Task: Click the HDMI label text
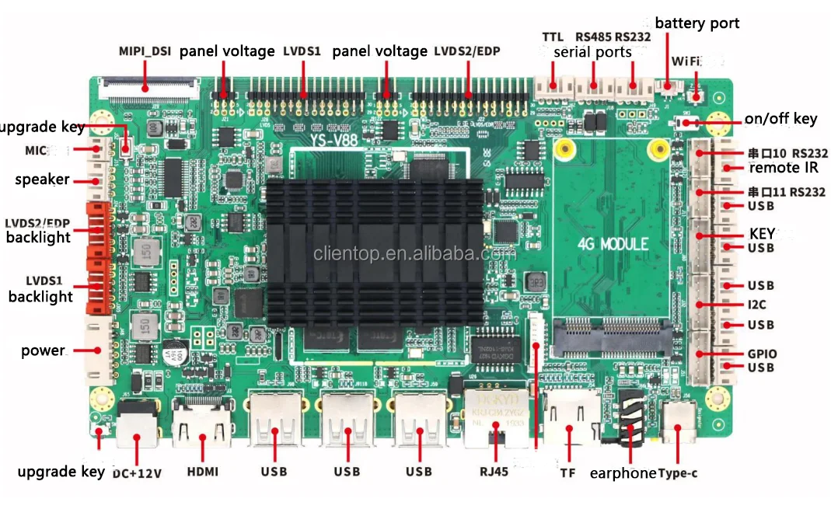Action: (202, 472)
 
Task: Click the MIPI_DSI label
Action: (145, 51)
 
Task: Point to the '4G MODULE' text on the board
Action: (613, 244)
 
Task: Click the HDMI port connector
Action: (202, 424)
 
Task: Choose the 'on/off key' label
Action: (780, 119)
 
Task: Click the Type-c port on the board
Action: (678, 424)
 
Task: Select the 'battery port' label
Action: (697, 23)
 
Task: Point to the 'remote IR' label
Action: (784, 168)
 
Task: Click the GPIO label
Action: (762, 354)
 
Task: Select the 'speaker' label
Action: (42, 180)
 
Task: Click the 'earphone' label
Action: (623, 472)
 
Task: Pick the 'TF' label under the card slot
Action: (567, 472)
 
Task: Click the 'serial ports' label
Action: (592, 53)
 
